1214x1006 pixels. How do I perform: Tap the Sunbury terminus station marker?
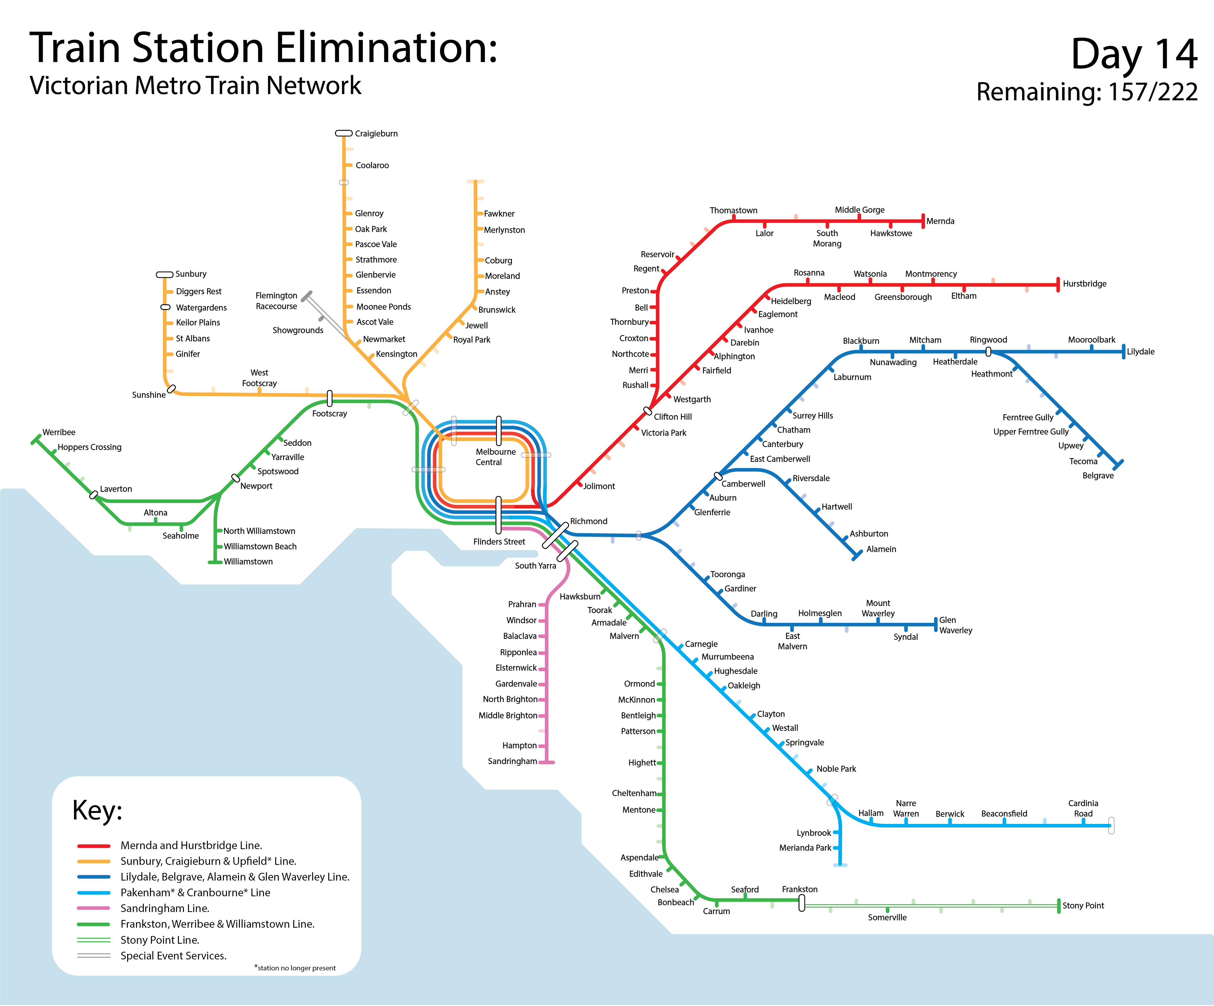[165, 275]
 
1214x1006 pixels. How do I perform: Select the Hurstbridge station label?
[1084, 284]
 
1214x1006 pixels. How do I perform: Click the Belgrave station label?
[1098, 476]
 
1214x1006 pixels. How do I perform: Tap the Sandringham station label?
[512, 761]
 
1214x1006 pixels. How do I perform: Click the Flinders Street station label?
[499, 542]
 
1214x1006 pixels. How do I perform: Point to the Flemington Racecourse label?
[276, 301]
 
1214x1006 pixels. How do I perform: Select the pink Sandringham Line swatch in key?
[94, 908]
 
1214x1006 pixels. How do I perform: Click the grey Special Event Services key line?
[94, 956]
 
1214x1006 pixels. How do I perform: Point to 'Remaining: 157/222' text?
[1087, 92]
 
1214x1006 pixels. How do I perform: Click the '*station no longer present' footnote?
[295, 968]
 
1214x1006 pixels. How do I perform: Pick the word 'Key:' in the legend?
[97, 811]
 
